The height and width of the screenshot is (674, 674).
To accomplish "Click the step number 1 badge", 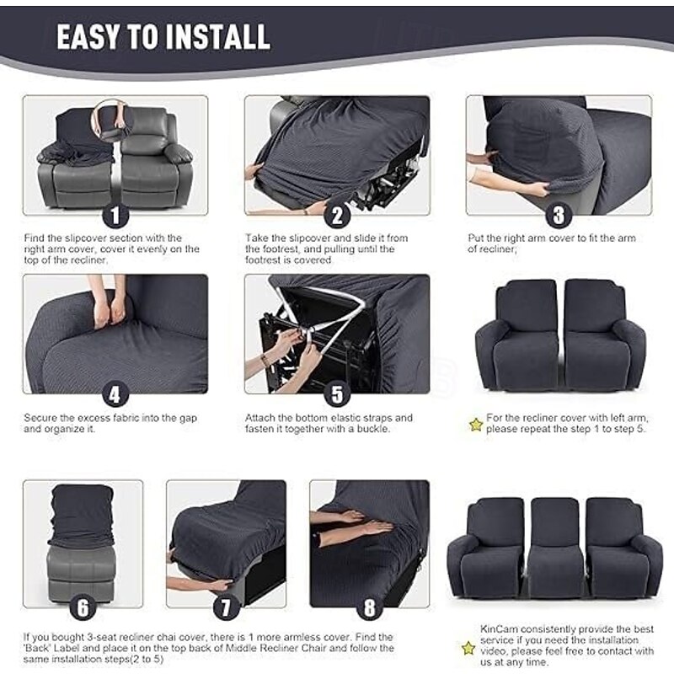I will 115,215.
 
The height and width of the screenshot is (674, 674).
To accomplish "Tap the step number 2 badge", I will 337,215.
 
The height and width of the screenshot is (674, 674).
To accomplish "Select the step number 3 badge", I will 558,215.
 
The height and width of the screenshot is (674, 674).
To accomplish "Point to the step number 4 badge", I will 115,393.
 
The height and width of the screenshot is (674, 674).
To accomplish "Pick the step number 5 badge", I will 337,393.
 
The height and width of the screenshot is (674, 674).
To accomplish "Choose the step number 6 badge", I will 83,607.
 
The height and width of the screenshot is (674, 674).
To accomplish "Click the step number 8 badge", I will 369,607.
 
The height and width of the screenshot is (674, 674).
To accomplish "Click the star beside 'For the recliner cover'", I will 476,424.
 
